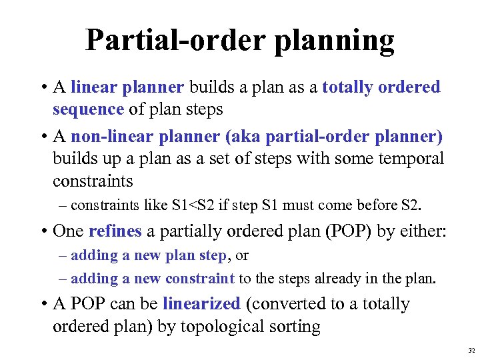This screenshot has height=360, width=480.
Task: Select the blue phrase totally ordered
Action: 381,87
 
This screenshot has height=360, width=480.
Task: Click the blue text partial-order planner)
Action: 354,137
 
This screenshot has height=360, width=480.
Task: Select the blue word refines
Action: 115,231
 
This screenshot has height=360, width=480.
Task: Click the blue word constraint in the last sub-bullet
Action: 200,278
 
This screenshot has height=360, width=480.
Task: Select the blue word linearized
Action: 201,304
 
